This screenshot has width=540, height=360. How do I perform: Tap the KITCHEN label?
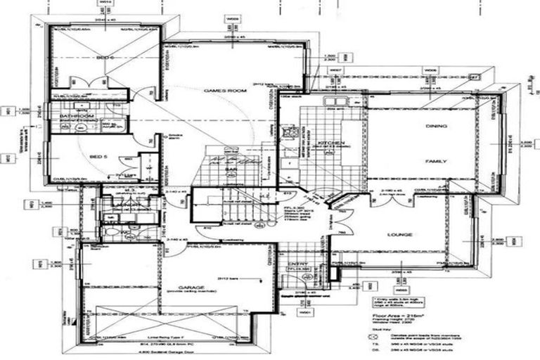(330, 143)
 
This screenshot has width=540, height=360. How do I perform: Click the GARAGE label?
(191, 288)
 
